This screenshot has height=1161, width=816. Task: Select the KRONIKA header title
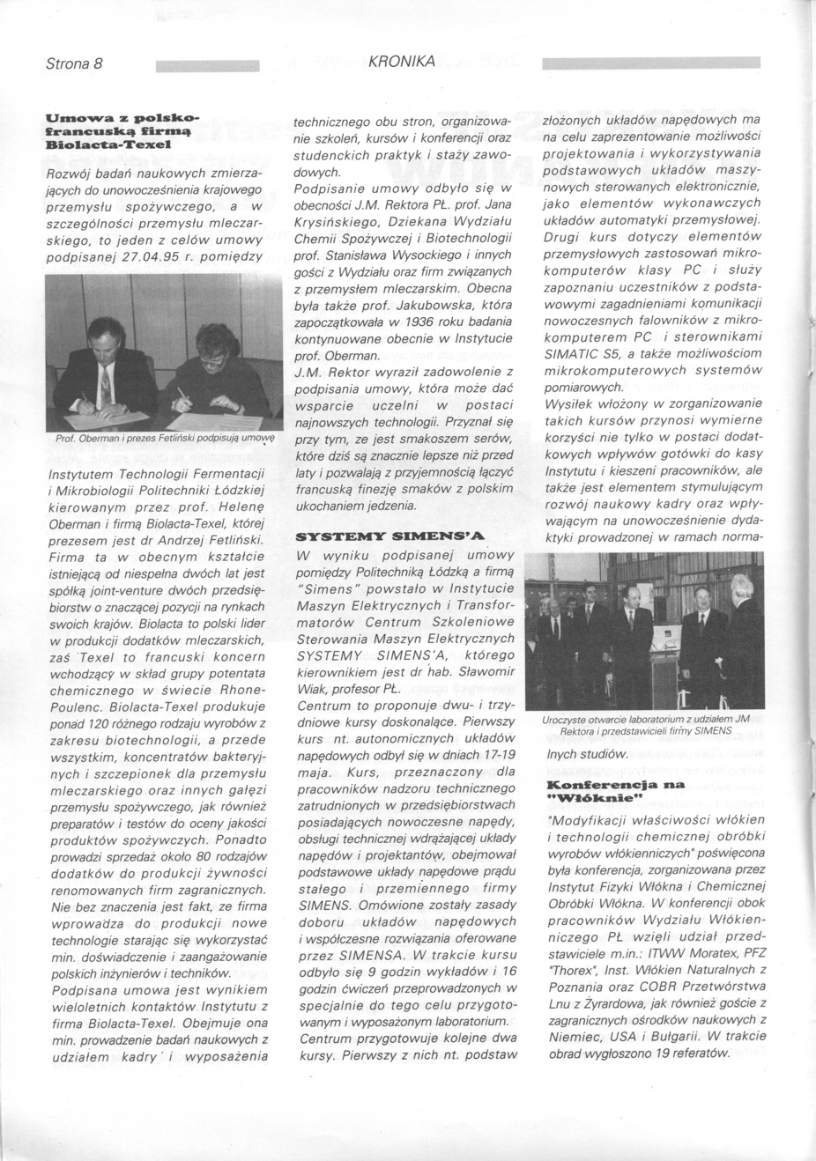403,62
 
